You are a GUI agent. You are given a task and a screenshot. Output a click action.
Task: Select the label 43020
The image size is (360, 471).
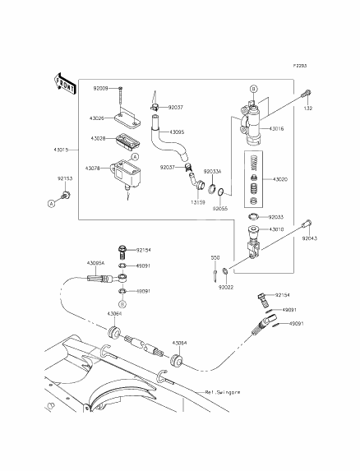point(281,178)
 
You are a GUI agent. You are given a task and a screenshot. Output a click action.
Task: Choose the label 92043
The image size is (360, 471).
point(310,238)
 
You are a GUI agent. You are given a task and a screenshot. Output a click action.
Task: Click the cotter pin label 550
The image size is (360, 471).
point(215,257)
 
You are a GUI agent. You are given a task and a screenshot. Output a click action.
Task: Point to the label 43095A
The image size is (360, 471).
point(95,263)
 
